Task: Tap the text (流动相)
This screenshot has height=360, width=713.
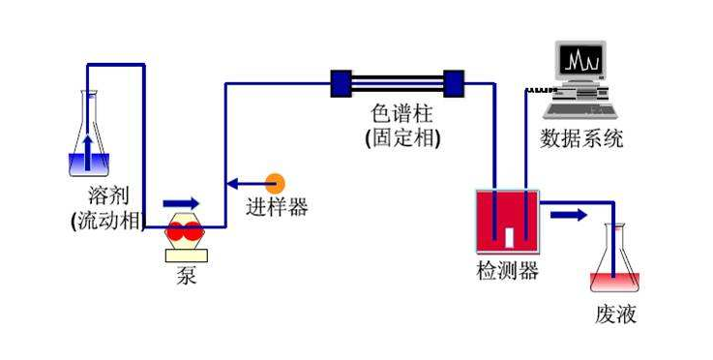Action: pyautogui.click(x=107, y=221)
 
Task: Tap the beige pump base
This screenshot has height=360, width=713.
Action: pyautogui.click(x=185, y=255)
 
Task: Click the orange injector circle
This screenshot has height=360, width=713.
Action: pyautogui.click(x=276, y=182)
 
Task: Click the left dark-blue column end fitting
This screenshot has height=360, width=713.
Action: pyautogui.click(x=341, y=83)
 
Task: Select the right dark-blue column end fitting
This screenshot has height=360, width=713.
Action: pyautogui.click(x=454, y=83)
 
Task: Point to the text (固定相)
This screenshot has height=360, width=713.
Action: pyautogui.click(x=402, y=138)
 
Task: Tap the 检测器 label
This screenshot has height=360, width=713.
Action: pyautogui.click(x=507, y=272)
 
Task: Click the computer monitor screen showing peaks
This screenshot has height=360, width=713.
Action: pyautogui.click(x=582, y=64)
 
